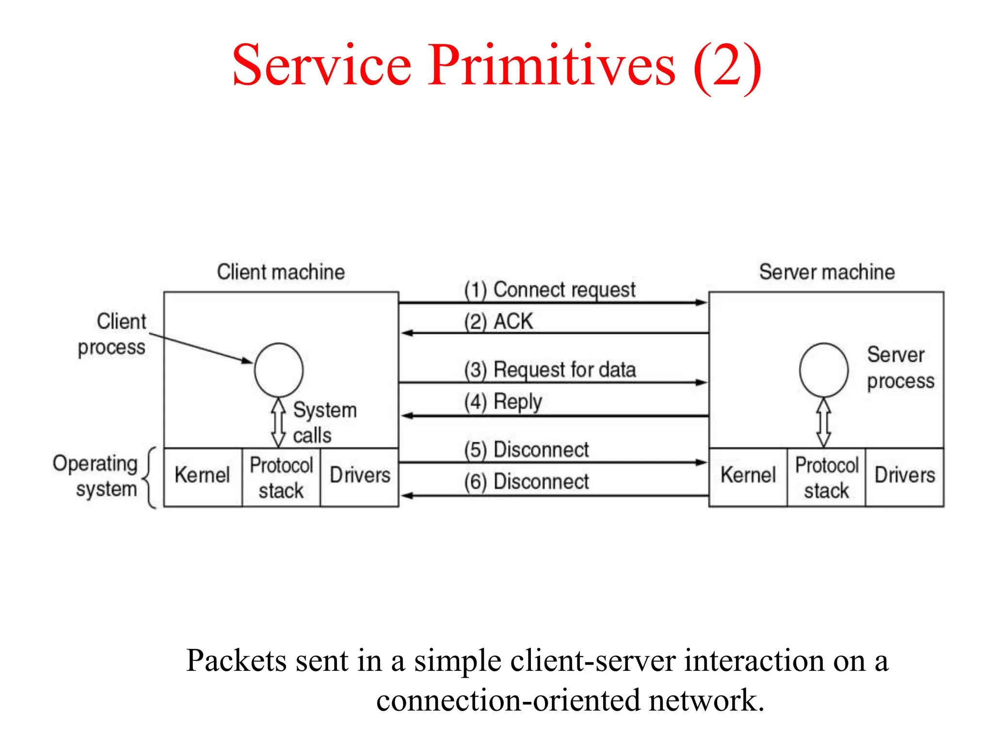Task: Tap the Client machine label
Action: click(281, 272)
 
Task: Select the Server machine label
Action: click(827, 272)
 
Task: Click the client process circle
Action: click(279, 370)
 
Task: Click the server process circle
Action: click(824, 370)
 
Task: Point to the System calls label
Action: click(324, 422)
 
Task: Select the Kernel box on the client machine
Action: click(203, 477)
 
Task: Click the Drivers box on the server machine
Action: click(905, 477)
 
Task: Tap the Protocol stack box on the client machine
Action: click(281, 477)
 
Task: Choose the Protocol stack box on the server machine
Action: click(827, 477)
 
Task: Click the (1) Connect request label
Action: click(549, 290)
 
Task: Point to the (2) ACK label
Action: click(498, 322)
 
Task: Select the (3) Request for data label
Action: click(550, 370)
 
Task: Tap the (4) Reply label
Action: click(503, 402)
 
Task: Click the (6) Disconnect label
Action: click(527, 482)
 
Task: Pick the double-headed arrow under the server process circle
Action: click(824, 422)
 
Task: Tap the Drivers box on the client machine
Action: click(360, 477)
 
